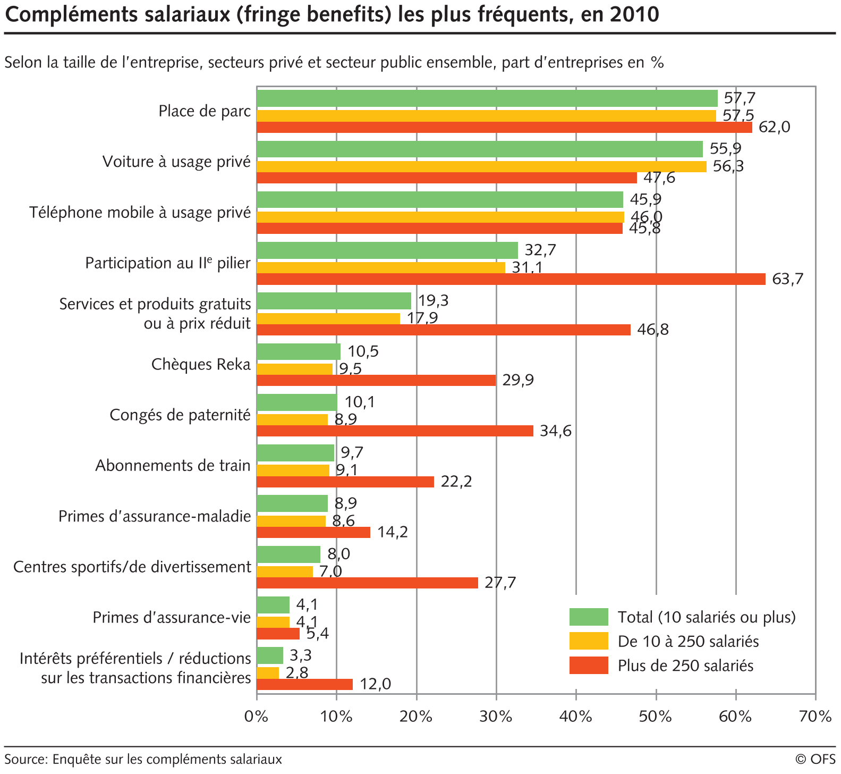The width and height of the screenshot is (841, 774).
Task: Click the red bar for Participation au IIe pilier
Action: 511,279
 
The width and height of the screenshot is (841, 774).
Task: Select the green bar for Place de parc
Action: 487,99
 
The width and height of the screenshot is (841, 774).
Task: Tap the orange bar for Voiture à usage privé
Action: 481,166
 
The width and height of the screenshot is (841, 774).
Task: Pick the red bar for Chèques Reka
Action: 376,380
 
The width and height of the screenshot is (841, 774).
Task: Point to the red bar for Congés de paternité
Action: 395,431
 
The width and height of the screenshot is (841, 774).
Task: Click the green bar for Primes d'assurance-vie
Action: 273,605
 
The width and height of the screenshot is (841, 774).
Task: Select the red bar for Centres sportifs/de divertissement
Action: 367,583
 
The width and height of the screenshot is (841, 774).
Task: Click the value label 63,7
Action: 788,279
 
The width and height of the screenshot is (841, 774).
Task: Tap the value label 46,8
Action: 653,330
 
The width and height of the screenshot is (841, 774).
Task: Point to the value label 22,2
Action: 456,482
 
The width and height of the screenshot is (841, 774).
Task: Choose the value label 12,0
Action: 375,684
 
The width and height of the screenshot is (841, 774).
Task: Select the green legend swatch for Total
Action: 589,617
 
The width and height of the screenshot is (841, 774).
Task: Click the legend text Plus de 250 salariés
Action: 685,666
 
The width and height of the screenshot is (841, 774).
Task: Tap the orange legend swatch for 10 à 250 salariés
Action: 589,641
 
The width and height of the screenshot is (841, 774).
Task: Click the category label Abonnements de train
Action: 173,466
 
